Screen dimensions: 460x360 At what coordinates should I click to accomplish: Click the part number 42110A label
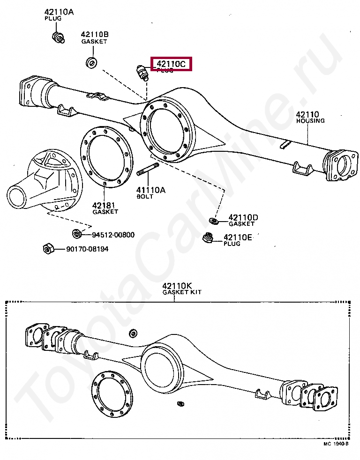pos(59,12)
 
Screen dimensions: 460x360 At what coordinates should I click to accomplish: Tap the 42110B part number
pos(95,34)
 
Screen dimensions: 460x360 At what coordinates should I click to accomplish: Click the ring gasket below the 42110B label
pos(91,62)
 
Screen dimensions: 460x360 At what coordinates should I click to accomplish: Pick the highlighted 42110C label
pos(171,64)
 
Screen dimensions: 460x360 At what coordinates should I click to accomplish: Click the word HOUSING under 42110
pos(310,121)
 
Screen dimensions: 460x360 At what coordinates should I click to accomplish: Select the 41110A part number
pos(151,190)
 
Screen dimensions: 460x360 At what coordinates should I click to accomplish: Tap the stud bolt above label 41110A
pos(148,170)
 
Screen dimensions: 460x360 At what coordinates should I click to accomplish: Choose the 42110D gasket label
pos(243,218)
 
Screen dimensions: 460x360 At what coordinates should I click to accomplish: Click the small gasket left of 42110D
pos(213,221)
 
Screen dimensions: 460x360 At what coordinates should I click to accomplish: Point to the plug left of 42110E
pos(207,238)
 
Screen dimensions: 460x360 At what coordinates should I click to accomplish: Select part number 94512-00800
pos(113,235)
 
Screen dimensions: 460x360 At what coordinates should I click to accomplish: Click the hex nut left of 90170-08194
pos(48,249)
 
